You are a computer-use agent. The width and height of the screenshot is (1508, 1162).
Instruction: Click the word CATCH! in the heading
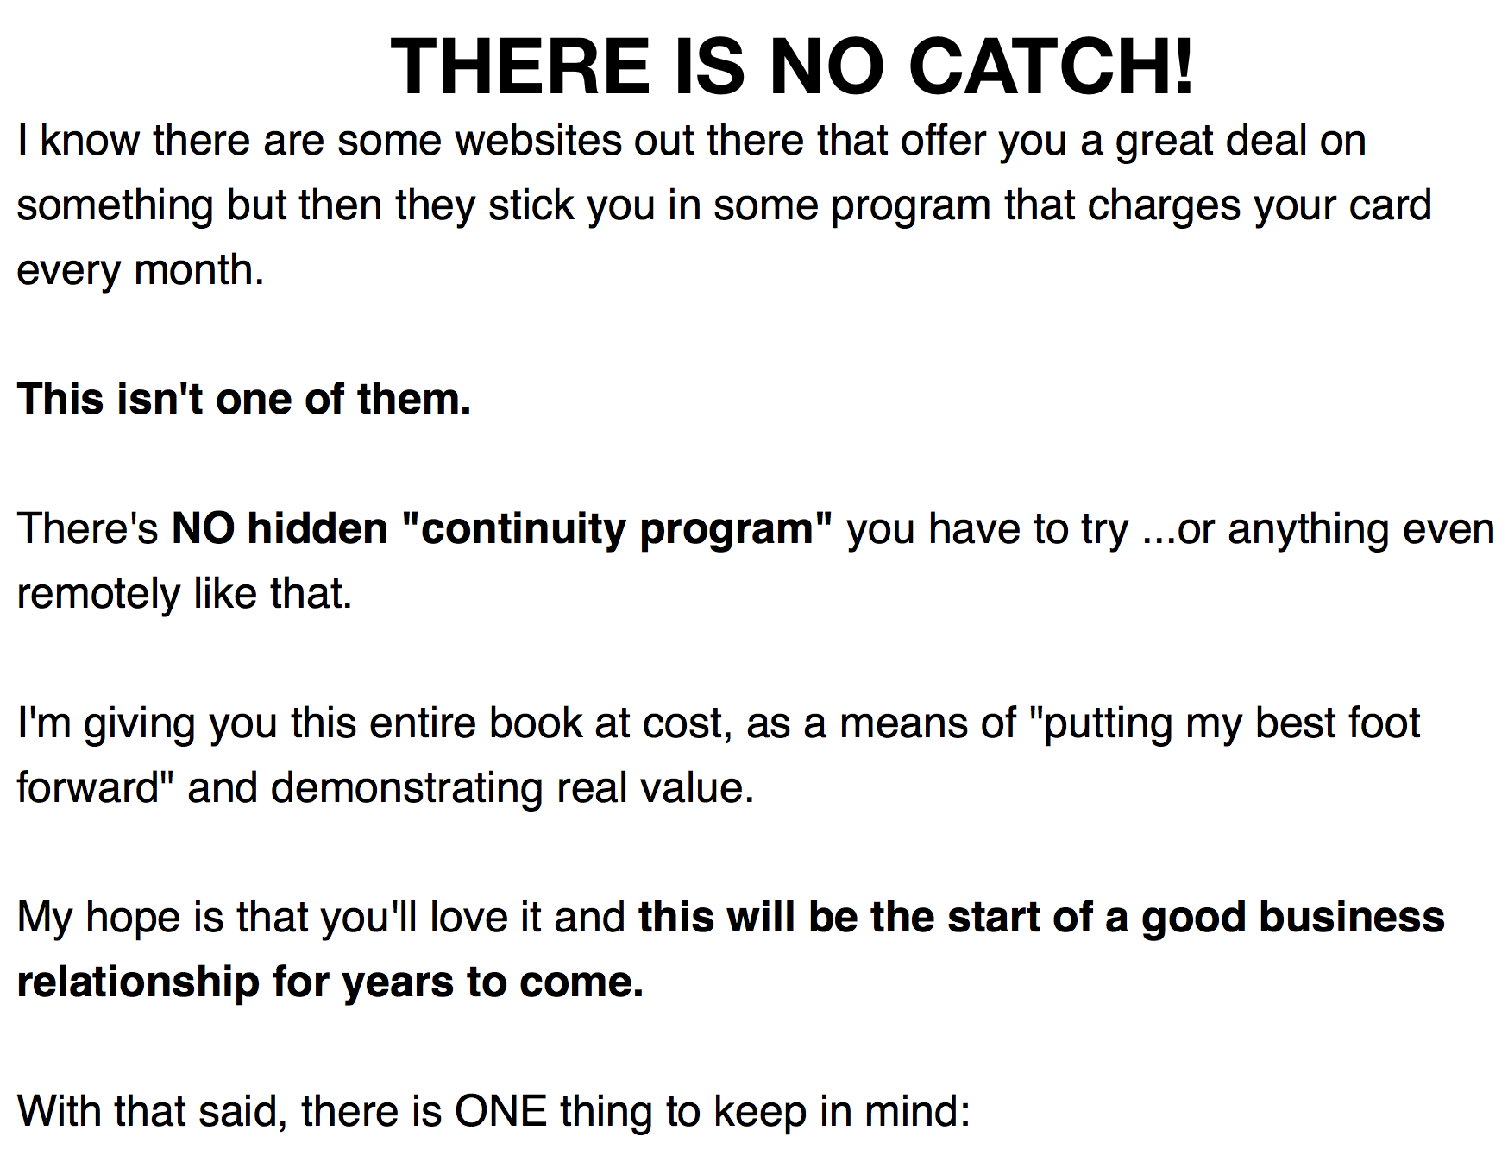pos(1051,66)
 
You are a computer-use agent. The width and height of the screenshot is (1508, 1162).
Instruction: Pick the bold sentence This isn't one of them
pos(244,399)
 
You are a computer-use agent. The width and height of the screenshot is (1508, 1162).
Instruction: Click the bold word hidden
pos(317,528)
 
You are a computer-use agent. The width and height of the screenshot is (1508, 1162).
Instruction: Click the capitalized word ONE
pos(501,1111)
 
